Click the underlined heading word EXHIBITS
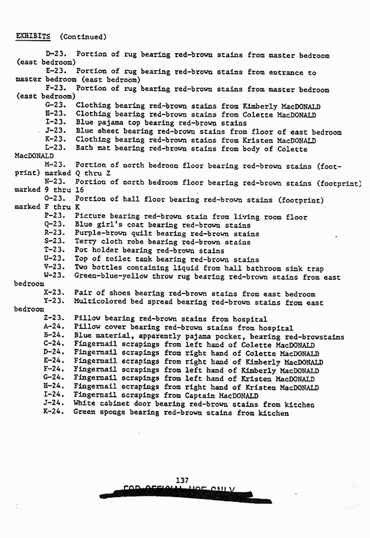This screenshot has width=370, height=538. [x=33, y=36]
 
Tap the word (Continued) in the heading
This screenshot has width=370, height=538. [x=83, y=36]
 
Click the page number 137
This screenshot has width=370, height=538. [x=181, y=479]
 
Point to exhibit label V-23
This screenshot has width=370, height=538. [x=55, y=268]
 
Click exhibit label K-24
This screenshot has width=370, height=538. [x=54, y=413]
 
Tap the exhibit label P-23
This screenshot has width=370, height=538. [x=55, y=217]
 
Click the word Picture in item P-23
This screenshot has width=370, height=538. [x=89, y=217]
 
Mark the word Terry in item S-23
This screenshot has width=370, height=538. [x=85, y=242]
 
